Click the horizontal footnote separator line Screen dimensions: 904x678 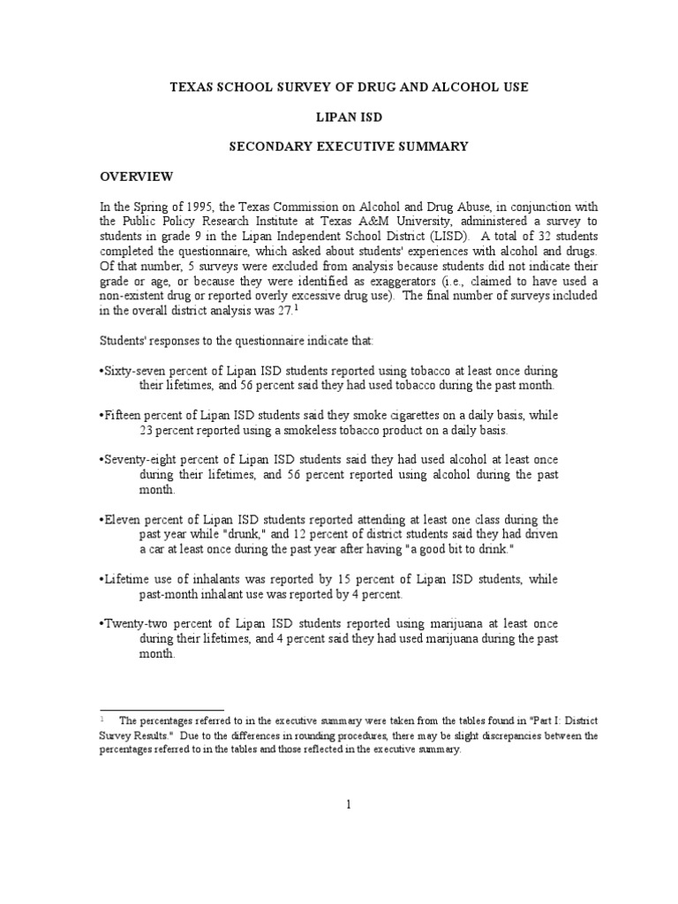(x=141, y=709)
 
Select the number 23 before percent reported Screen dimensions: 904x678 (x=147, y=430)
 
